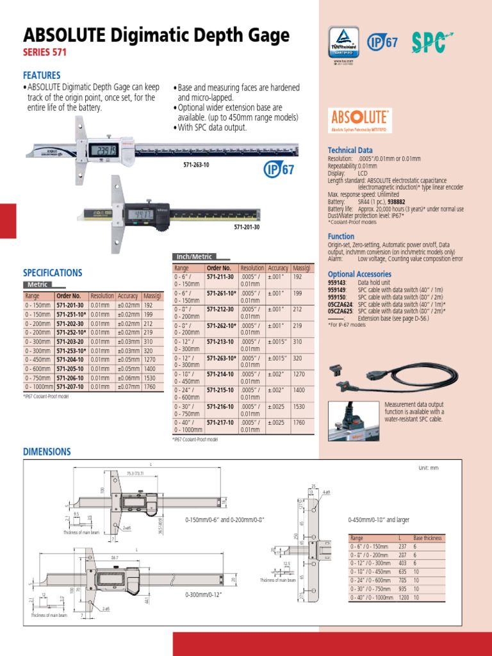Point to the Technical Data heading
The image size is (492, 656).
click(350, 150)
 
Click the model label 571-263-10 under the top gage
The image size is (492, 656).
click(197, 165)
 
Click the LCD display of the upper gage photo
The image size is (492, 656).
click(103, 151)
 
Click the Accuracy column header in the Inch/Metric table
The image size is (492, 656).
click(278, 268)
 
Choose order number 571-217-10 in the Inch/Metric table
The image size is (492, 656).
click(219, 422)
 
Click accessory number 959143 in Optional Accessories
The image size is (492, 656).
click(337, 282)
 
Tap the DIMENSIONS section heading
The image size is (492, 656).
click(47, 452)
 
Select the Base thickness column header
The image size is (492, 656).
click(427, 538)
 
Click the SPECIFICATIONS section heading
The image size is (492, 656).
click(52, 272)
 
